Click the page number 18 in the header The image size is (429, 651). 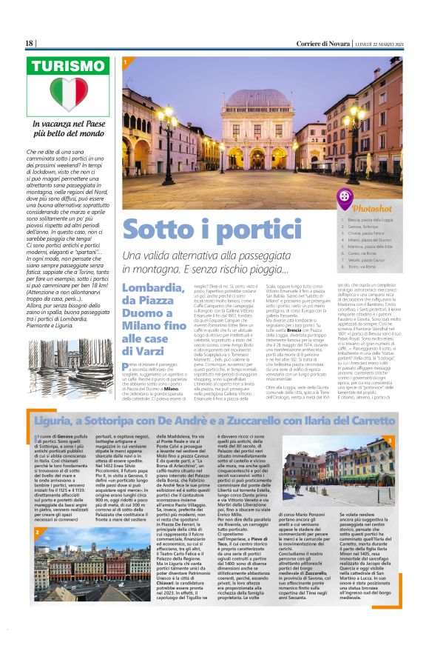[30, 44]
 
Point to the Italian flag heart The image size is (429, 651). [69, 93]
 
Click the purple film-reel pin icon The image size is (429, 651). [345, 198]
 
